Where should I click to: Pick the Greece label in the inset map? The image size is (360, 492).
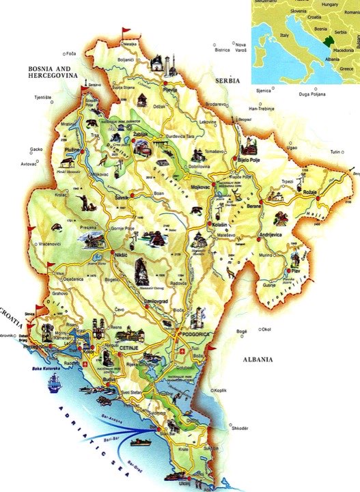click(x=346, y=68)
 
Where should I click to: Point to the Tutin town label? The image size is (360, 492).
click(x=335, y=151)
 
